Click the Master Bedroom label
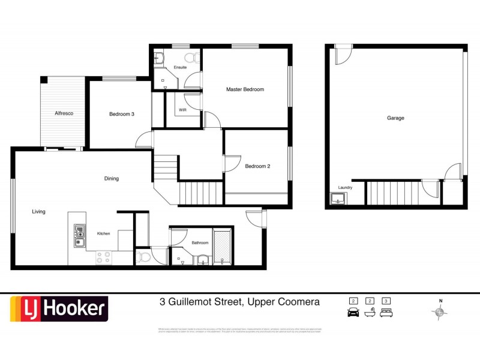coord(245,89)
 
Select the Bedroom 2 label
coord(257,166)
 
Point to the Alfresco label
coord(64,113)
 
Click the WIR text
coord(182,110)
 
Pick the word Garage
coord(395,118)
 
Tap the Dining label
coord(111,178)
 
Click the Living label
coord(39,211)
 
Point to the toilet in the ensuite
coord(191,58)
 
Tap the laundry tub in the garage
coord(337,199)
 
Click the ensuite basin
coord(158,58)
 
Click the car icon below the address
coord(353,311)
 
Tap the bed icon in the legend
coord(387,311)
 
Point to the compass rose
coord(440,311)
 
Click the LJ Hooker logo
coord(59,310)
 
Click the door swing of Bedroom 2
coord(233,163)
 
